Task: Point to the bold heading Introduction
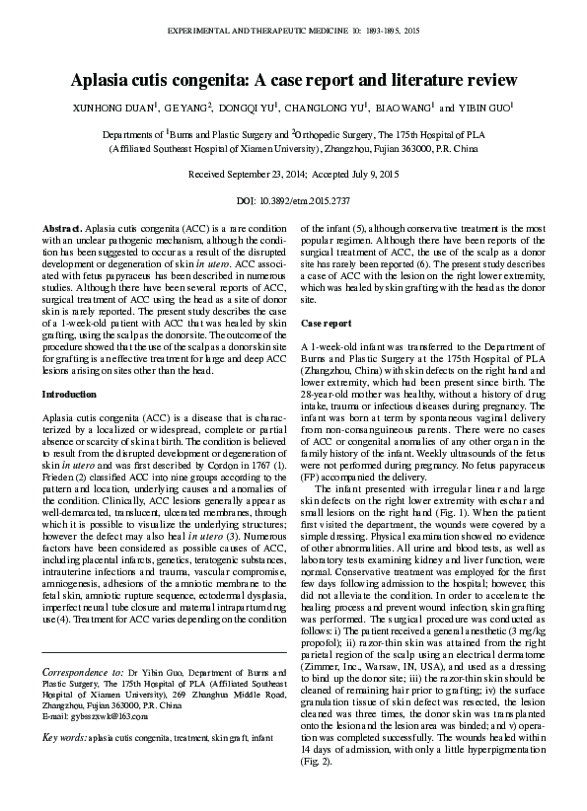pos(69,394)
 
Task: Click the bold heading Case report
pos(326,324)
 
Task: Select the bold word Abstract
pos(62,228)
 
